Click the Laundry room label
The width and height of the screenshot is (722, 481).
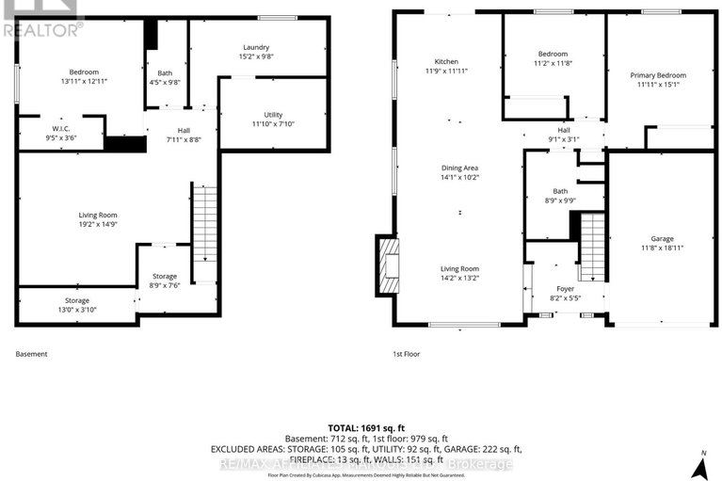pyautogui.click(x=256, y=47)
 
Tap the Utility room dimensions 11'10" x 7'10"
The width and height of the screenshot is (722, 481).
pyautogui.click(x=273, y=123)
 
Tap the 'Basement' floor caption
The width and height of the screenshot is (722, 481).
pyautogui.click(x=31, y=354)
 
